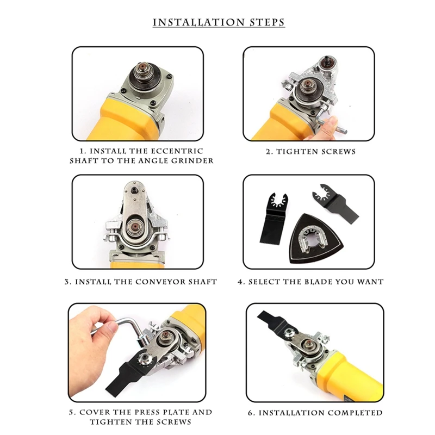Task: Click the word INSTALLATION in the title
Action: [x=198, y=22]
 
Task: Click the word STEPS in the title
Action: [x=267, y=22]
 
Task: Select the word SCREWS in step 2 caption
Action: [x=338, y=152]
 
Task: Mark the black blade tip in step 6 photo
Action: [x=260, y=314]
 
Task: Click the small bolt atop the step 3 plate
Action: [x=134, y=190]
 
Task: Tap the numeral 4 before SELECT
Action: [x=240, y=282]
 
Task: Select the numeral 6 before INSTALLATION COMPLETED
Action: [x=251, y=413]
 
